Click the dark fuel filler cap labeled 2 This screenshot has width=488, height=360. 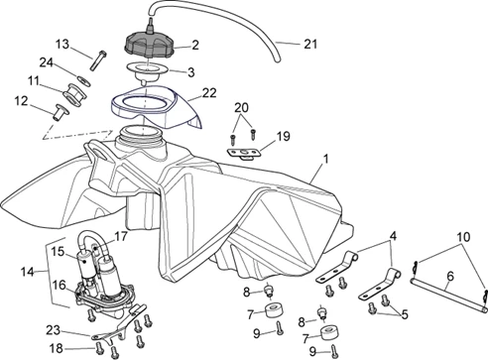[x=150, y=46]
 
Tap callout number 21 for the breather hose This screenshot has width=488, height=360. [x=310, y=44]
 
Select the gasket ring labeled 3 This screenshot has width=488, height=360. [x=148, y=71]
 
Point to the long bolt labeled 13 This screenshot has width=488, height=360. [x=98, y=60]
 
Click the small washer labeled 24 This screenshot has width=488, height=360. [x=82, y=80]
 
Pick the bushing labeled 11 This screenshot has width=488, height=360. [x=75, y=94]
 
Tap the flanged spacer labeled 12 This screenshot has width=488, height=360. [x=61, y=113]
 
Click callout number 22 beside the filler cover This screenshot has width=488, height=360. [x=209, y=93]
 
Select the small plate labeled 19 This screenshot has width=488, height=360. [x=244, y=154]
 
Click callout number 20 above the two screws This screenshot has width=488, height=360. [x=241, y=107]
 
